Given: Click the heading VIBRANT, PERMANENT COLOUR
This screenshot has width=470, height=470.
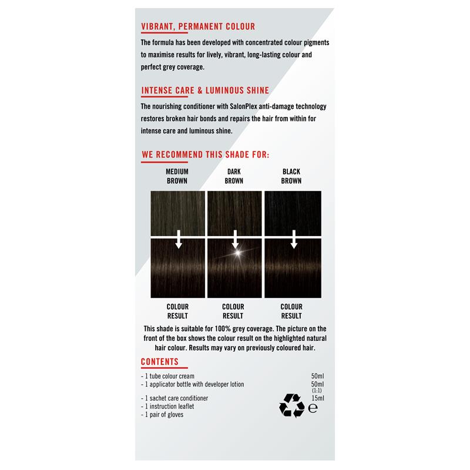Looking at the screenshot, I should click(x=198, y=26).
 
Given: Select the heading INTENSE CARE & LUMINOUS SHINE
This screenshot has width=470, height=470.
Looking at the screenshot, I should click(x=205, y=90).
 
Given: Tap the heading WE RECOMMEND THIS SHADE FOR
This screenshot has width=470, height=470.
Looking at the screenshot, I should click(x=205, y=155).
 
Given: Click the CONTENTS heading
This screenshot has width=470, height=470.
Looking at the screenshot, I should click(x=160, y=362).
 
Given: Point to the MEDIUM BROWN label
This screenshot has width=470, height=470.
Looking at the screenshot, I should click(x=177, y=176).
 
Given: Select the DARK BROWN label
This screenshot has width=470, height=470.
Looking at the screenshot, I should click(x=234, y=176).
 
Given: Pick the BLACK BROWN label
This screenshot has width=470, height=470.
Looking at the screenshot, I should click(x=291, y=176).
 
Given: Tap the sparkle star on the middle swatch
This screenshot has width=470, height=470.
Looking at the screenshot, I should click(x=237, y=253).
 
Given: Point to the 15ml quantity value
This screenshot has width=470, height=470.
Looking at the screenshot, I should click(x=317, y=398).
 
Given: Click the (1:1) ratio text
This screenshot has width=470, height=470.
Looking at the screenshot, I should click(x=317, y=391).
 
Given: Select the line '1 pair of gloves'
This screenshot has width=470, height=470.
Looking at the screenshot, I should click(x=163, y=414).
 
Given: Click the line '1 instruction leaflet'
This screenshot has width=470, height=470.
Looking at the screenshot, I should click(x=167, y=406).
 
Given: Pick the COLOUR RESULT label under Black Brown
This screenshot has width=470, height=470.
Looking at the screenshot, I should click(x=291, y=311).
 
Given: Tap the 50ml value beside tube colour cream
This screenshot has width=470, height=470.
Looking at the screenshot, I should click(x=317, y=376).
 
